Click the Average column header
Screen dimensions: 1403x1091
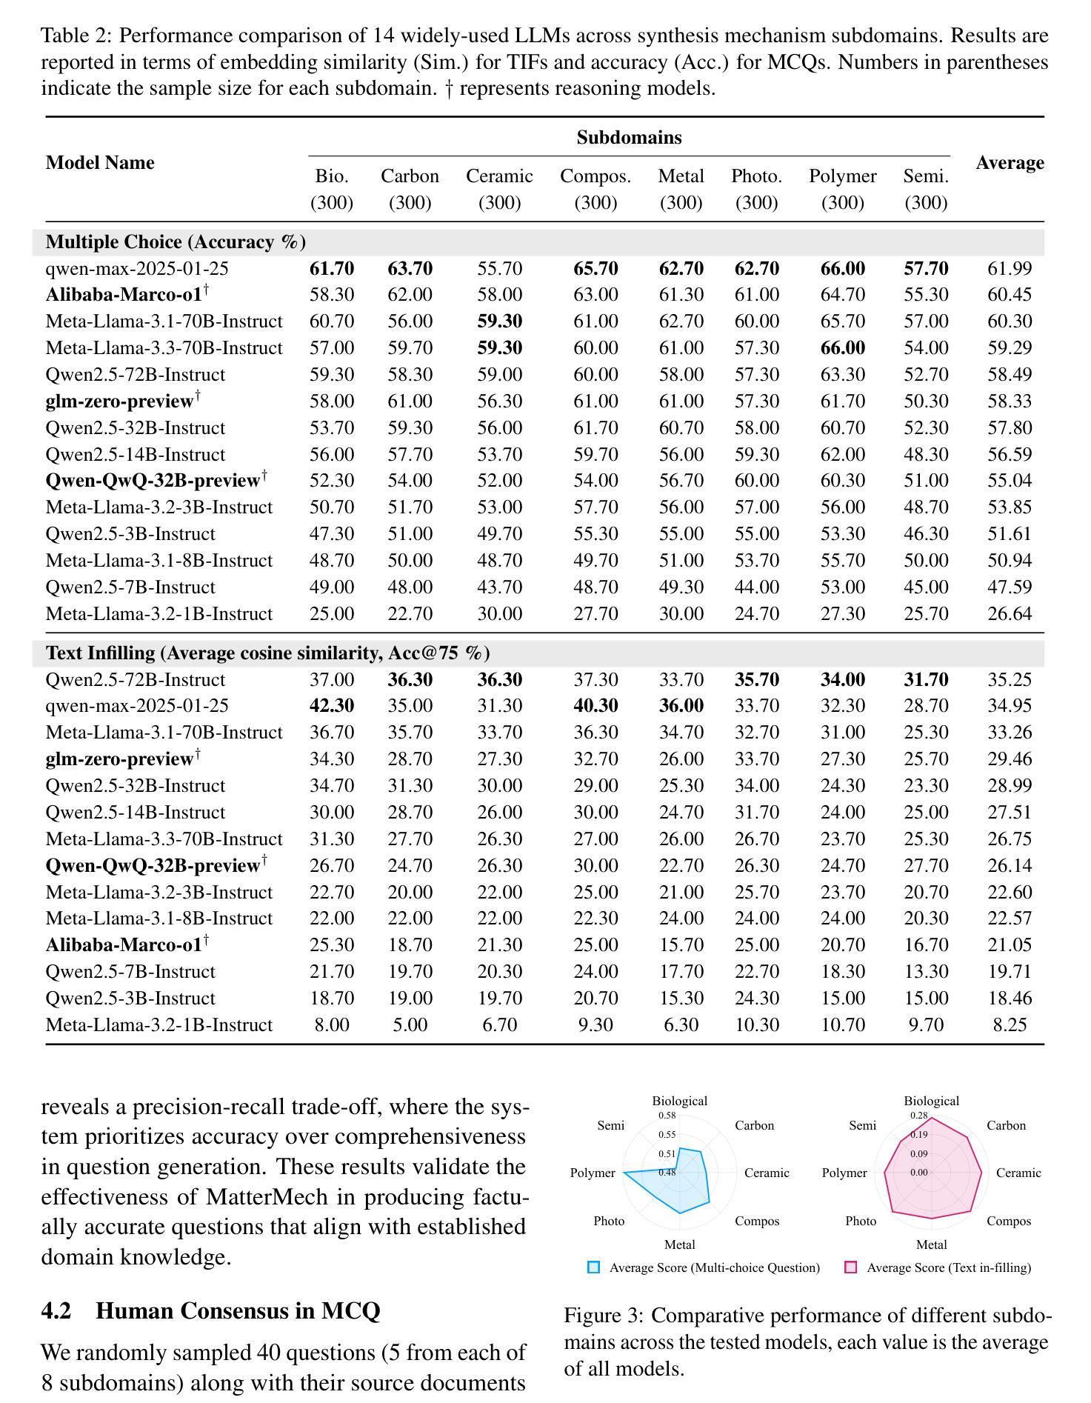1009,163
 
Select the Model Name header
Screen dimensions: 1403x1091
100,163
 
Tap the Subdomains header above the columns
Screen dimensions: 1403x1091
629,138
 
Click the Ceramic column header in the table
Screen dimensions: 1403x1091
499,176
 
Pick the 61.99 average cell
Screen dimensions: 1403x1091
1009,268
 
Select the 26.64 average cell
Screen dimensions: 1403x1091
1009,613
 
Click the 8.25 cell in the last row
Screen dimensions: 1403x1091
1009,1024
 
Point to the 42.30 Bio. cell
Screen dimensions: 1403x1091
331,706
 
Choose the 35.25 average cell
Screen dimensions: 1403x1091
1009,679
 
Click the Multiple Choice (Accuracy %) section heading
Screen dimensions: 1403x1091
176,242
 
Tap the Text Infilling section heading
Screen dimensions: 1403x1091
267,653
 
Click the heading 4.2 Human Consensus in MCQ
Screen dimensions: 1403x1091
210,1310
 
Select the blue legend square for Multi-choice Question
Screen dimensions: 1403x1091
593,1267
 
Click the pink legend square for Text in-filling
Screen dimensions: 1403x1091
851,1267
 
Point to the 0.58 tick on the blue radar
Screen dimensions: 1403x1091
667,1116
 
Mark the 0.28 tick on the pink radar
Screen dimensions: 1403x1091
918,1116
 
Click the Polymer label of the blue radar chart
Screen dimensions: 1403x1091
593,1173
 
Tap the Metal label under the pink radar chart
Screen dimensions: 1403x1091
931,1244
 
